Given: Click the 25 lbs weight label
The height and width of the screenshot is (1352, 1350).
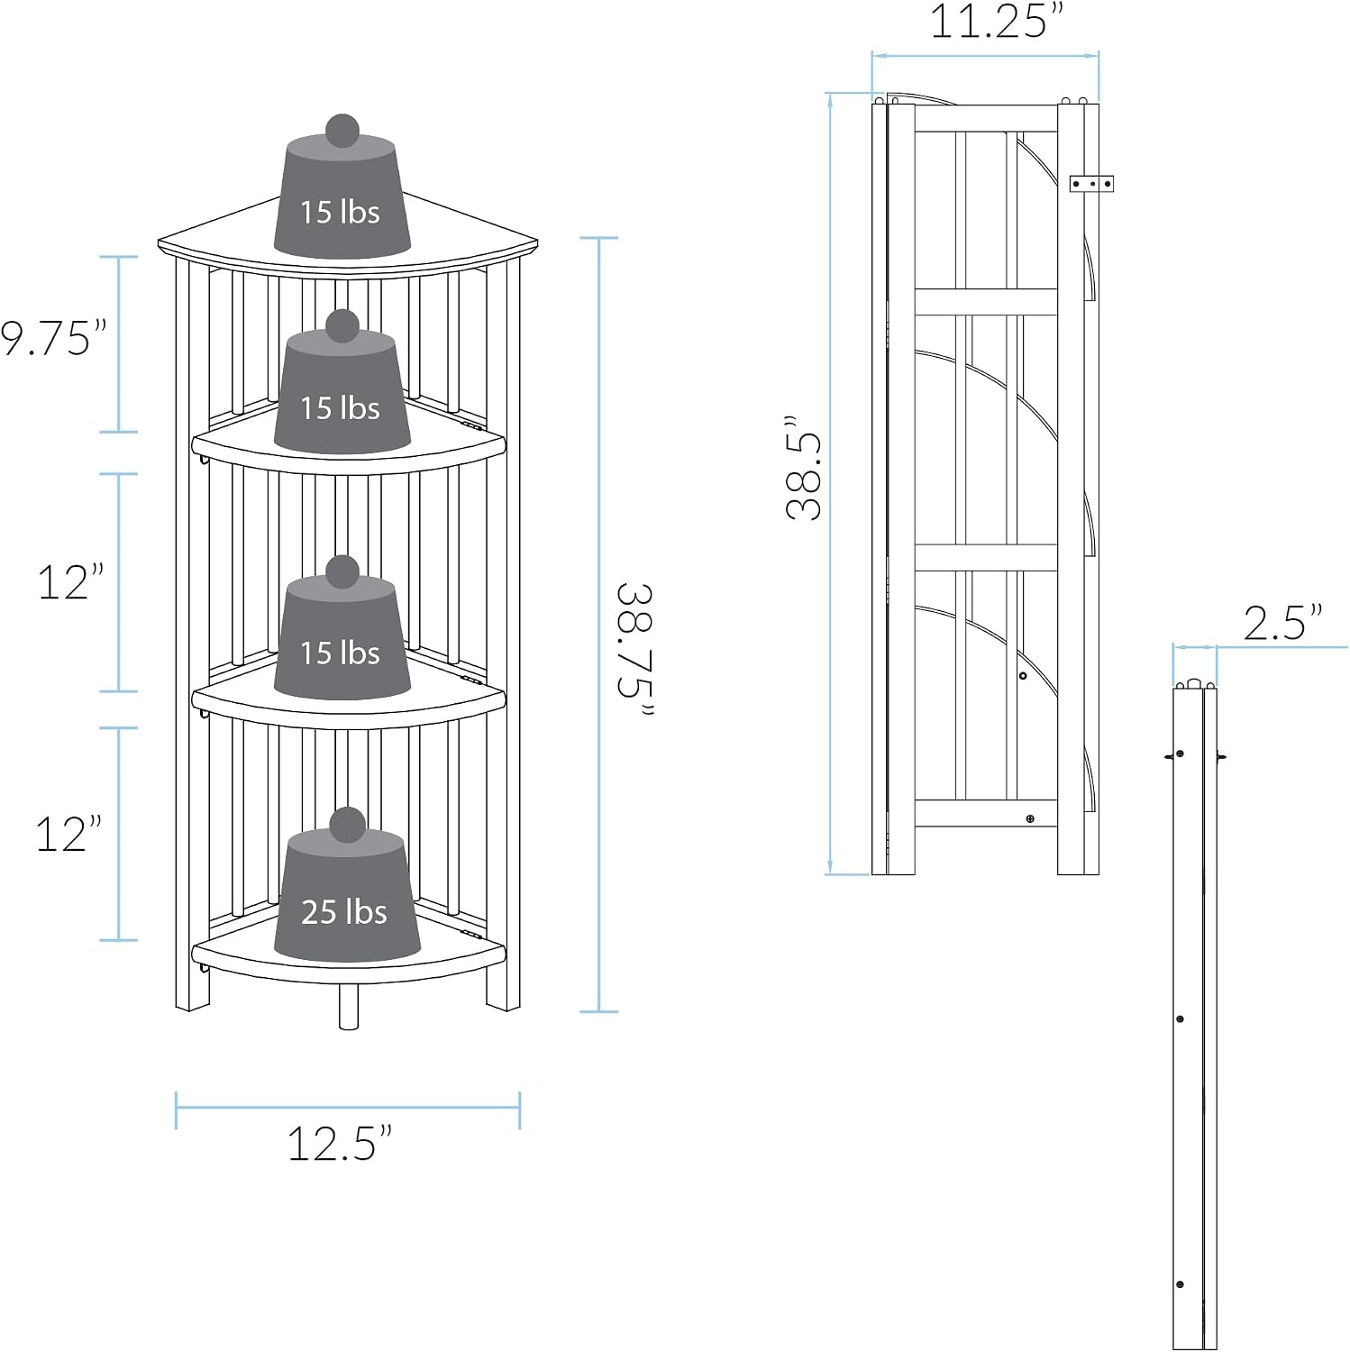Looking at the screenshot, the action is tap(343, 912).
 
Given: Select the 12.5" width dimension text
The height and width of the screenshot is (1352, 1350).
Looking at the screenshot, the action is tap(340, 1144).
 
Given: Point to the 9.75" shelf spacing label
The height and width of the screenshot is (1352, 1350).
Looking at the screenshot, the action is tap(53, 338).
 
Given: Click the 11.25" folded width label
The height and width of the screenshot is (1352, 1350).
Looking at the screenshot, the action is tap(997, 22).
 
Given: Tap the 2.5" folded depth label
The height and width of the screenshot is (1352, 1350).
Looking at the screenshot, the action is tap(1283, 623).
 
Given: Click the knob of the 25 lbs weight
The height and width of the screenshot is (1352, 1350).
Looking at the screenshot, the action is tap(347, 826).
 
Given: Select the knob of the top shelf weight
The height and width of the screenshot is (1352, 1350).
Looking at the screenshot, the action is tap(342, 132).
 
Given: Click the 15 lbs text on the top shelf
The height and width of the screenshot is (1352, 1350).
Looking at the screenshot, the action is tap(340, 213).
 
